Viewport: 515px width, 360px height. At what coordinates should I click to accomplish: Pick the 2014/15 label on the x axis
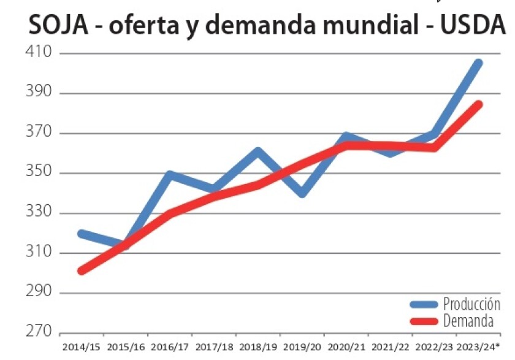[82, 348]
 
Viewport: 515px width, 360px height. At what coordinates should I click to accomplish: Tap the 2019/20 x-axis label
[302, 348]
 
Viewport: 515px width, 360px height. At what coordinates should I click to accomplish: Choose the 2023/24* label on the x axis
[479, 348]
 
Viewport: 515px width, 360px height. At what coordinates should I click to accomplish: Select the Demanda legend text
[468, 320]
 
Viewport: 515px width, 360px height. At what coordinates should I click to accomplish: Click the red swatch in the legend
[423, 321]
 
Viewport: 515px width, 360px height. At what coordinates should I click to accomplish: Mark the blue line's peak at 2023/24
[479, 63]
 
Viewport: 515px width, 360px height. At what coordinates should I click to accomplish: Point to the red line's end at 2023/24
[479, 104]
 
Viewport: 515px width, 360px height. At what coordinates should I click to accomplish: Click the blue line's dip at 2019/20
[302, 194]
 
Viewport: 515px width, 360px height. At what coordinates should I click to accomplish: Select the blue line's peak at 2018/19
[258, 151]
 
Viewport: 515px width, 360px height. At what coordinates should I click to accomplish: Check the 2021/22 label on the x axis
[390, 348]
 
